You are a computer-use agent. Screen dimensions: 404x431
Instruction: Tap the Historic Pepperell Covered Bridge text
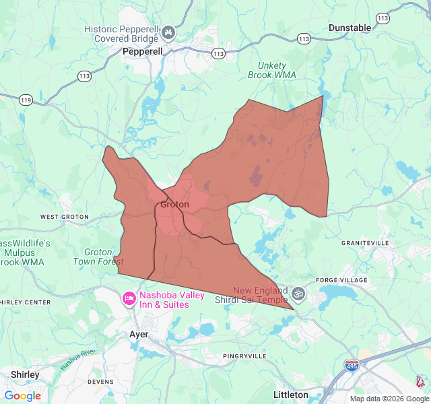click(x=121, y=34)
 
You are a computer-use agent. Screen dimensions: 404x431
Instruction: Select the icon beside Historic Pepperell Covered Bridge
click(x=168, y=32)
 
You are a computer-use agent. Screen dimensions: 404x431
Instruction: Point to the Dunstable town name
click(x=350, y=28)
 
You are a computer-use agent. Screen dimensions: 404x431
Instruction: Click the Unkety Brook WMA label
click(x=274, y=71)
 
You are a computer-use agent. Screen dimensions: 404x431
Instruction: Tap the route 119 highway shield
click(x=26, y=100)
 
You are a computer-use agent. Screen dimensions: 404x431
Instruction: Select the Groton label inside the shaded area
click(x=174, y=205)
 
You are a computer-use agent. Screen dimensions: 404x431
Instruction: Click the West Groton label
click(x=65, y=217)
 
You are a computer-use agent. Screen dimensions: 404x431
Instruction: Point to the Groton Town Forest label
click(x=98, y=257)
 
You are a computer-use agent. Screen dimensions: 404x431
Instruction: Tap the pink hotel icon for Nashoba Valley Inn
click(x=129, y=298)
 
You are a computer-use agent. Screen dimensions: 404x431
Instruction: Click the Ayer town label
click(x=138, y=334)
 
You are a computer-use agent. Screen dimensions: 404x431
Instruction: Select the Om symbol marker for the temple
click(x=298, y=294)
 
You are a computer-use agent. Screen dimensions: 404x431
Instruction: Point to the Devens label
click(x=101, y=382)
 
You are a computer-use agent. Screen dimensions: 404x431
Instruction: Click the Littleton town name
click(x=291, y=395)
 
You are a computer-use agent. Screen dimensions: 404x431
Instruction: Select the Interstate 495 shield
click(x=351, y=365)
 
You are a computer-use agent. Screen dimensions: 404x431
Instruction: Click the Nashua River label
click(x=78, y=360)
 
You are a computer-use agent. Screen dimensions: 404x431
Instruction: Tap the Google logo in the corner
click(x=22, y=396)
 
